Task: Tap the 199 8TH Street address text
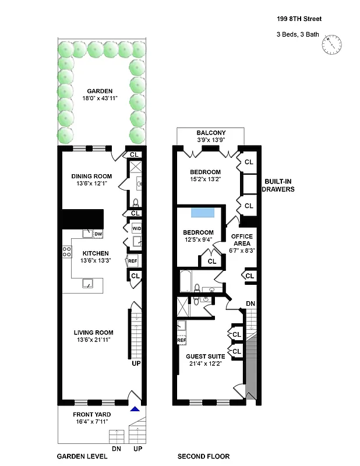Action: (x=298, y=19)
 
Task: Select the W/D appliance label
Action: (x=136, y=228)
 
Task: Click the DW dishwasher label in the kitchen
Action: (x=98, y=234)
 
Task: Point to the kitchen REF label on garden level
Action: (x=132, y=261)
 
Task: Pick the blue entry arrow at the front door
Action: (x=135, y=409)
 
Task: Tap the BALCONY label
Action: (x=211, y=133)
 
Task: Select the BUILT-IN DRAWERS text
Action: (x=278, y=185)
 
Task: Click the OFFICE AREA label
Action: (x=242, y=239)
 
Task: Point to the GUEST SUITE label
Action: (x=204, y=356)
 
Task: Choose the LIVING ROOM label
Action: (x=93, y=333)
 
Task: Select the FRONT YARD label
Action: (x=91, y=414)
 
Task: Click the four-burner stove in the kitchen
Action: (x=67, y=252)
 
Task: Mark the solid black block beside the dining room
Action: (x=83, y=218)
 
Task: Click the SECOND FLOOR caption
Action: (x=204, y=457)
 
